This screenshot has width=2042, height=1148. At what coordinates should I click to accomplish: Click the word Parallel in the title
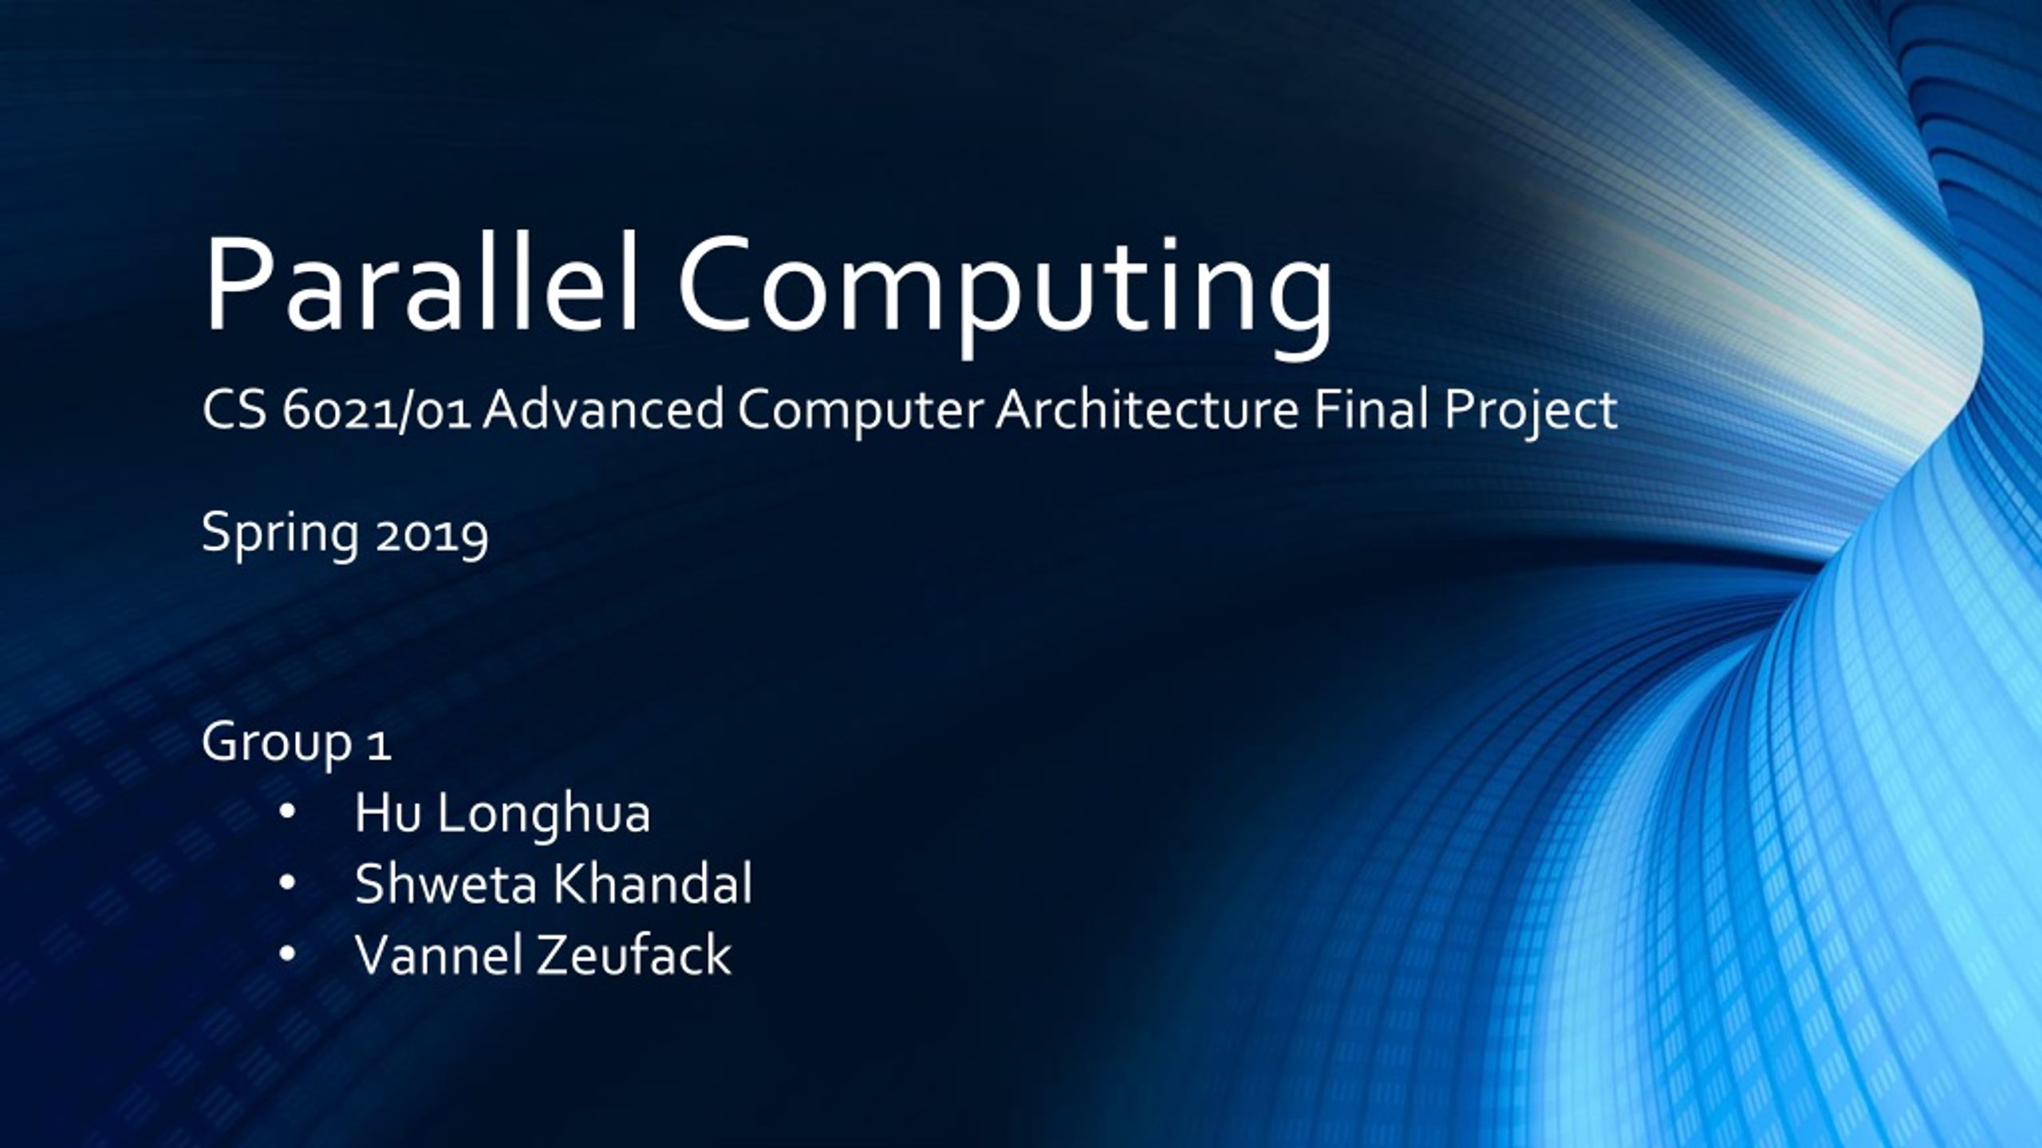pyautogui.click(x=421, y=285)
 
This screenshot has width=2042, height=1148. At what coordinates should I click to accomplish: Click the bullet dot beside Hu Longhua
pyautogui.click(x=288, y=814)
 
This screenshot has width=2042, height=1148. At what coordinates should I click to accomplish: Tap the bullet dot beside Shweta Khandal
pyautogui.click(x=288, y=884)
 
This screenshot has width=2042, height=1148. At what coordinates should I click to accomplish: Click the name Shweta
pyautogui.click(x=445, y=884)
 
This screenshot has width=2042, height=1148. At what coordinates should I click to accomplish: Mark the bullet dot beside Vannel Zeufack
pyautogui.click(x=288, y=954)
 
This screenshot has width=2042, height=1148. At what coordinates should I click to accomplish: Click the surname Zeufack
pyautogui.click(x=633, y=954)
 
